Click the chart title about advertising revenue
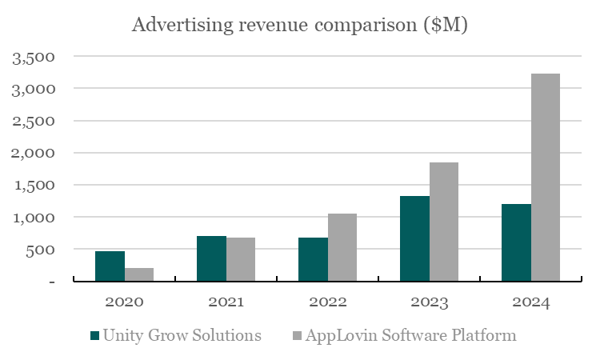click(x=299, y=26)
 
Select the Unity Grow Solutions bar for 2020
click(x=110, y=266)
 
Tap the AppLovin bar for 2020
click(x=139, y=274)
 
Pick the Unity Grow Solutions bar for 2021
click(x=211, y=258)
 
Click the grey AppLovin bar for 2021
click(x=241, y=259)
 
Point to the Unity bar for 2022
click(x=313, y=259)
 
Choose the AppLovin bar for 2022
click(x=342, y=247)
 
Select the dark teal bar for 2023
click(x=414, y=238)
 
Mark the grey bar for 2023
click(x=444, y=222)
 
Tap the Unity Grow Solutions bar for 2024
click(x=516, y=242)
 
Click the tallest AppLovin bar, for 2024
click(x=546, y=178)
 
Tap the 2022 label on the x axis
click(x=327, y=302)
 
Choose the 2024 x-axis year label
click(x=530, y=302)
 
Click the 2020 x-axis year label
click(x=124, y=302)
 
